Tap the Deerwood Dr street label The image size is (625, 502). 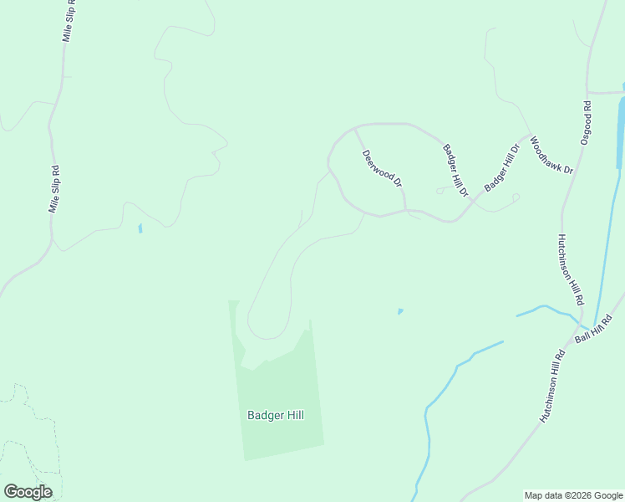pyautogui.click(x=382, y=168)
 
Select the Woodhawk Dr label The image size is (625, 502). pyautogui.click(x=551, y=156)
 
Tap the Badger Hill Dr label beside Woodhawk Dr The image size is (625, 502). pyautogui.click(x=501, y=168)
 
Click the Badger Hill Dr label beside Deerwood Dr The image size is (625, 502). pyautogui.click(x=456, y=171)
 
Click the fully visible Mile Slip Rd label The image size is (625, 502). pyautogui.click(x=54, y=188)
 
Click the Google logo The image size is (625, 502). pyautogui.click(x=28, y=492)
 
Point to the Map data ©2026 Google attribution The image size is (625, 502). pyautogui.click(x=574, y=495)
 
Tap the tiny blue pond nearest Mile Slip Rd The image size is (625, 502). pyautogui.click(x=140, y=228)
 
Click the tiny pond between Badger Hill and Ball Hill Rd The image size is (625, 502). pyautogui.click(x=400, y=311)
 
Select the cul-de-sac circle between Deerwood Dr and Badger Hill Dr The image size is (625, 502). pyautogui.click(x=440, y=191)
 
